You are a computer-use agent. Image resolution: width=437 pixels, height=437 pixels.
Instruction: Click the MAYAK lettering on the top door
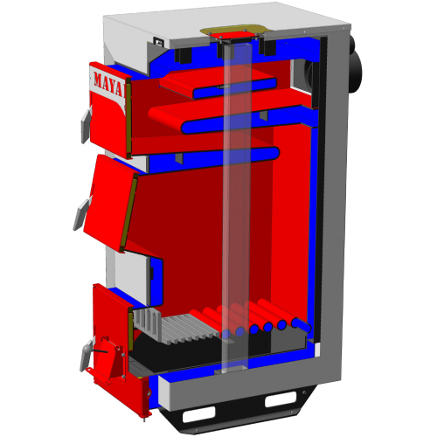108,84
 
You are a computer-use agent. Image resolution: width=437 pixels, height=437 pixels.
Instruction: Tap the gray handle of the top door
86,126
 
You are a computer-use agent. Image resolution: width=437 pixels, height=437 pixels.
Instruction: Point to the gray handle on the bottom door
86,356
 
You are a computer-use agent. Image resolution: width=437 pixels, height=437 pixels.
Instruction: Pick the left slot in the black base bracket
198,413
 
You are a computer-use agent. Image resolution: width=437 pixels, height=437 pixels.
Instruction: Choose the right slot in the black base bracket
281,399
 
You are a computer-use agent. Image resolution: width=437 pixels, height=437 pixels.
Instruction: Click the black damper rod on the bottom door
101,350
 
